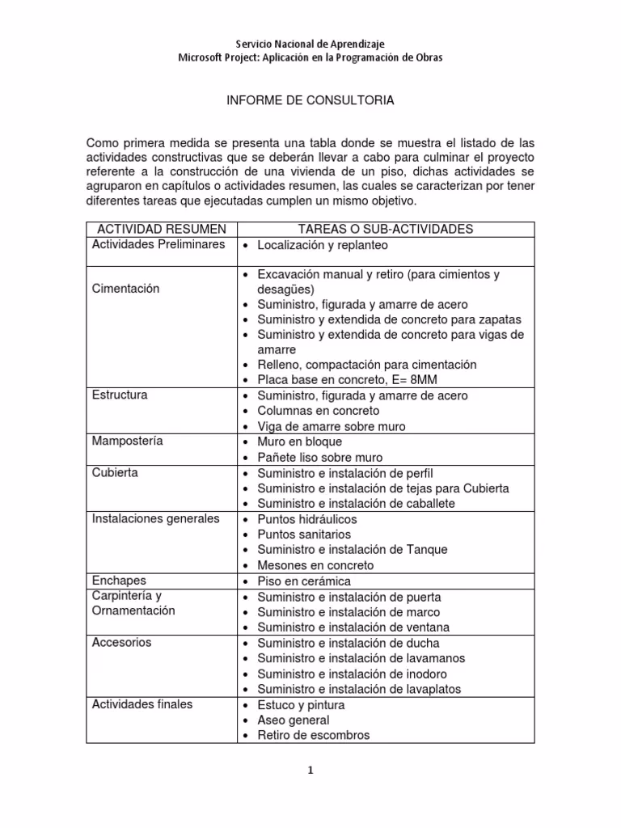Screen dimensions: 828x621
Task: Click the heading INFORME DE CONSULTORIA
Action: (x=310, y=101)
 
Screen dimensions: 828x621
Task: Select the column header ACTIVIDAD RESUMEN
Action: (x=159, y=230)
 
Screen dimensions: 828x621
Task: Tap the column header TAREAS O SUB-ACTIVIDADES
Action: (x=384, y=230)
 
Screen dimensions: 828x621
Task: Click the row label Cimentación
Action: (x=126, y=289)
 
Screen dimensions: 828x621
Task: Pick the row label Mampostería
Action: (x=128, y=441)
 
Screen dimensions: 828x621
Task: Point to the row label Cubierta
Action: (x=115, y=472)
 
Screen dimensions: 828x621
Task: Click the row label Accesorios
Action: (x=122, y=643)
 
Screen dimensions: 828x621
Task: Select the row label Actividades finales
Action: (x=142, y=704)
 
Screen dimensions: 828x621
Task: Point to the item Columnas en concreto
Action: (x=318, y=411)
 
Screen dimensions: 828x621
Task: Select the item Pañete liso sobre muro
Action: (x=319, y=458)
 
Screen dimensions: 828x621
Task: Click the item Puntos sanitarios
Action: (x=304, y=534)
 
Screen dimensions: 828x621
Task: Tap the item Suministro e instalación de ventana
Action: (x=353, y=627)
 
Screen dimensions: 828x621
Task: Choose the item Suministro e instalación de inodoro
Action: (x=352, y=674)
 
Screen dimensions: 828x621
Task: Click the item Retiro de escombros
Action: (x=313, y=735)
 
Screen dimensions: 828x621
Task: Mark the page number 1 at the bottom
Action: (x=310, y=771)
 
